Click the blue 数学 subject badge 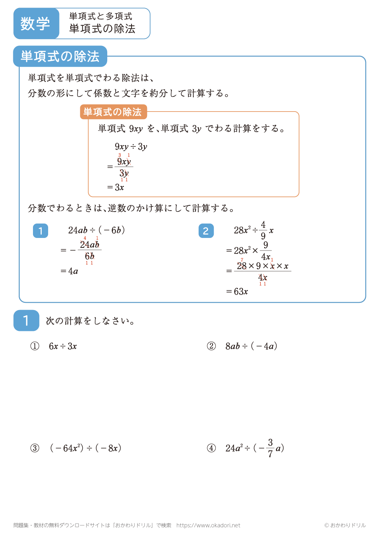click(36, 24)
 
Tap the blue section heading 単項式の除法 click(60, 57)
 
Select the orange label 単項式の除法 click(113, 112)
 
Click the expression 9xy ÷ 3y click(131, 146)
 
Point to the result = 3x click(116, 187)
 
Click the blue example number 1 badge click(41, 231)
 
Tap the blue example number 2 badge click(206, 231)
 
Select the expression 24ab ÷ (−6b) click(96, 230)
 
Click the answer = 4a click(69, 271)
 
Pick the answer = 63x click(237, 291)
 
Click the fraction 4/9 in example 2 click(263, 230)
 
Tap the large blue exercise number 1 click(26, 321)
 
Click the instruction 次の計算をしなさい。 click(90, 321)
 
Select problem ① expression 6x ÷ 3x click(63, 346)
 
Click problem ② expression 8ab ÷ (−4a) click(251, 346)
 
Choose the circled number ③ click(34, 448)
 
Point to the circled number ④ click(211, 448)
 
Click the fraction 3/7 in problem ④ click(270, 448)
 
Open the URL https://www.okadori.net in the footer click(208, 525)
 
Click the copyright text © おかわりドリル click(345, 525)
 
